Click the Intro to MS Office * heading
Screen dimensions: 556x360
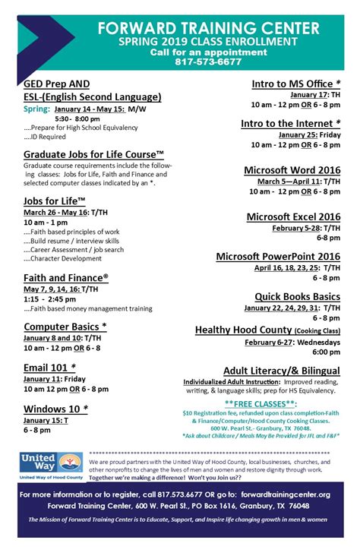point(296,83)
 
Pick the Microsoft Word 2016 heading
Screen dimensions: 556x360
point(292,170)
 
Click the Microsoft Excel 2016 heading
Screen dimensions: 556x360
point(293,216)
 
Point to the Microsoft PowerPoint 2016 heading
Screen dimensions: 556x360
point(278,256)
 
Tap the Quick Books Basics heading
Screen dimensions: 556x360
point(297,296)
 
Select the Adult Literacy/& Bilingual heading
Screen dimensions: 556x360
point(281,370)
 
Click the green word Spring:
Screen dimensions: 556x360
point(38,109)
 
